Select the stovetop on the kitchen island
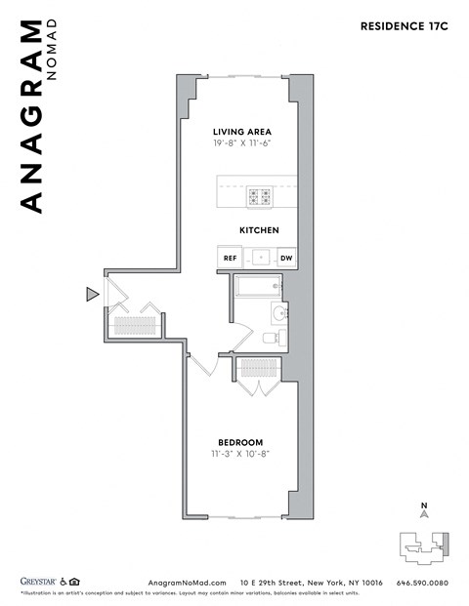coord(260,197)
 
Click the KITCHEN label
coord(259,230)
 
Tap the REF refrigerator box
coord(231,259)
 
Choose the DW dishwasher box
coord(286,259)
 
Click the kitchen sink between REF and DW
coord(259,259)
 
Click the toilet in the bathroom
coord(274,338)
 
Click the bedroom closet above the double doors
coord(259,368)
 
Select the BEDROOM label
coord(239,442)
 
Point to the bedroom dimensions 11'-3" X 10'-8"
coord(239,455)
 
